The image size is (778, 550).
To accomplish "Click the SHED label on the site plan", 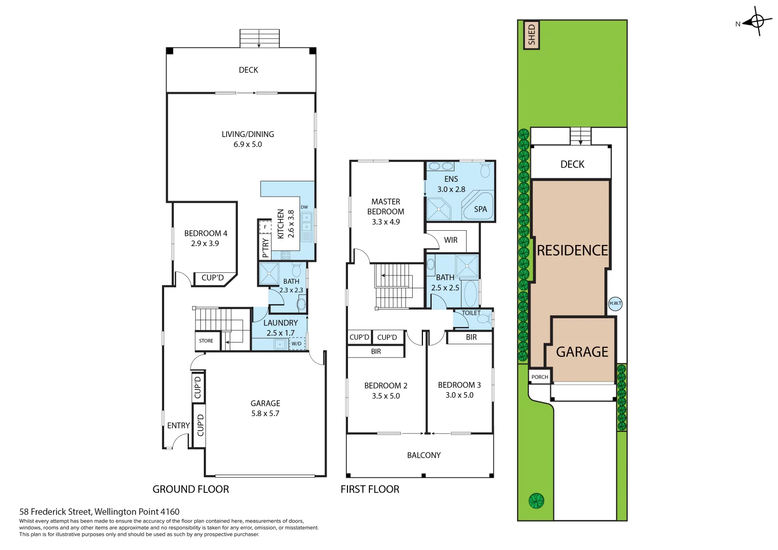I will pyautogui.click(x=531, y=35).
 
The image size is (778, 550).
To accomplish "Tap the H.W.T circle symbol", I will pyautogui.click(x=615, y=304).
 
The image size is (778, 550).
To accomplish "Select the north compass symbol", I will pyautogui.click(x=757, y=21).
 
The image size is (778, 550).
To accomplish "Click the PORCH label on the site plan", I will pyautogui.click(x=540, y=377).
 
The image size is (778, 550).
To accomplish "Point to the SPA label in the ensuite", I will pyautogui.click(x=480, y=209).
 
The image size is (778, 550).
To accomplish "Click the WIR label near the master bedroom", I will pyautogui.click(x=450, y=240).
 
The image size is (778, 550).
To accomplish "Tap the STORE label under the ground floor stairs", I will pyautogui.click(x=206, y=341).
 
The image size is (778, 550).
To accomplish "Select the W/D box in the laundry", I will pyautogui.click(x=297, y=344).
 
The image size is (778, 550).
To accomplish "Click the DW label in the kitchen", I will pyautogui.click(x=304, y=207).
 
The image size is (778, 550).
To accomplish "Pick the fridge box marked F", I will pyautogui.click(x=265, y=227).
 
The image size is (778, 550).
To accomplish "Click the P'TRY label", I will pyautogui.click(x=265, y=248).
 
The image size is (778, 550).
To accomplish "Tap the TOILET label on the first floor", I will pyautogui.click(x=471, y=313).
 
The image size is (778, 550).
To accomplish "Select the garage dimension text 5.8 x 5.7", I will pyautogui.click(x=265, y=414).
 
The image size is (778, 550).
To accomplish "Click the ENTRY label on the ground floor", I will pyautogui.click(x=178, y=426).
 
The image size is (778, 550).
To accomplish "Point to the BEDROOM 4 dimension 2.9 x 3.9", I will pyautogui.click(x=205, y=243).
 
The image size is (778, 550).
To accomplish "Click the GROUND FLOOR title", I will pyautogui.click(x=191, y=489).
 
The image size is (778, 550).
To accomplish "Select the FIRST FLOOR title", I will pyautogui.click(x=370, y=489).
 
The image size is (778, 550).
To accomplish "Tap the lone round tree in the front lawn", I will pyautogui.click(x=536, y=501).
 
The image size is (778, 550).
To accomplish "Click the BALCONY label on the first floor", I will pyautogui.click(x=423, y=455).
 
